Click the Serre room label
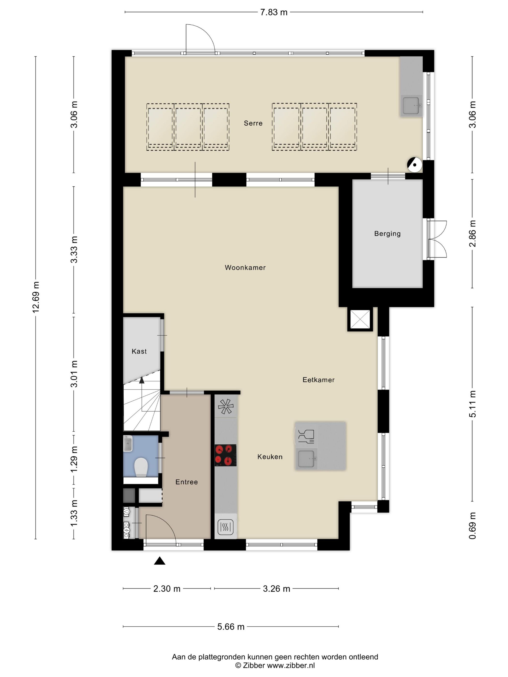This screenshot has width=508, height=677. point(253,123)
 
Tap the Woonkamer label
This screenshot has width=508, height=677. point(245,267)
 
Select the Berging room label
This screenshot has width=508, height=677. point(387,234)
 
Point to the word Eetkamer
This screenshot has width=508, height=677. point(318,380)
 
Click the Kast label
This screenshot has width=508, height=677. point(139,351)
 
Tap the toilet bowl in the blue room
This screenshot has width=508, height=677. point(141,467)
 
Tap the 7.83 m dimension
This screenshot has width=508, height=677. point(273,12)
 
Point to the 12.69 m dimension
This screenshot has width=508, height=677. point(36,297)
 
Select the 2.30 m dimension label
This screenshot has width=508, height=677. point(167,589)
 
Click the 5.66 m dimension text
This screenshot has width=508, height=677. point(231,627)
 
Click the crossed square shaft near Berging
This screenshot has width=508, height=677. point(360,319)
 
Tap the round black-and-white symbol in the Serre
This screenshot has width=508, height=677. point(414,165)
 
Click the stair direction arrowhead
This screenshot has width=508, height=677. point(142,380)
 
